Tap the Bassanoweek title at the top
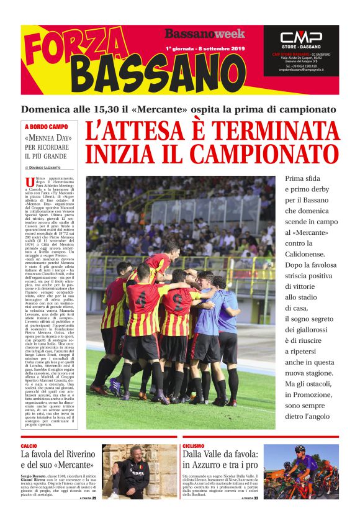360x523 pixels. [x=205, y=34]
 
